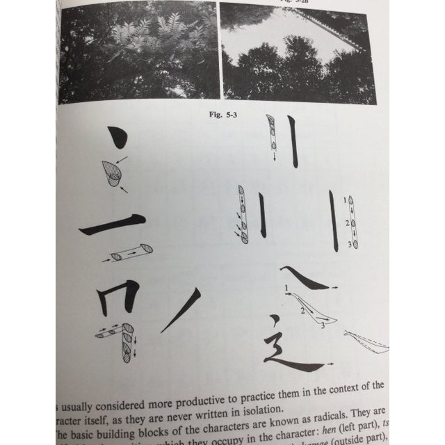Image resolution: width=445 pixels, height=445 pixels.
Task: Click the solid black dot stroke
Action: [x=118, y=138]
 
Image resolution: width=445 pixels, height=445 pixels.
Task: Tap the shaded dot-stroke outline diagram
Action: [x=111, y=172]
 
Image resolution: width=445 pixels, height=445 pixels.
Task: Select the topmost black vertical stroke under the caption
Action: [x=294, y=143]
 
